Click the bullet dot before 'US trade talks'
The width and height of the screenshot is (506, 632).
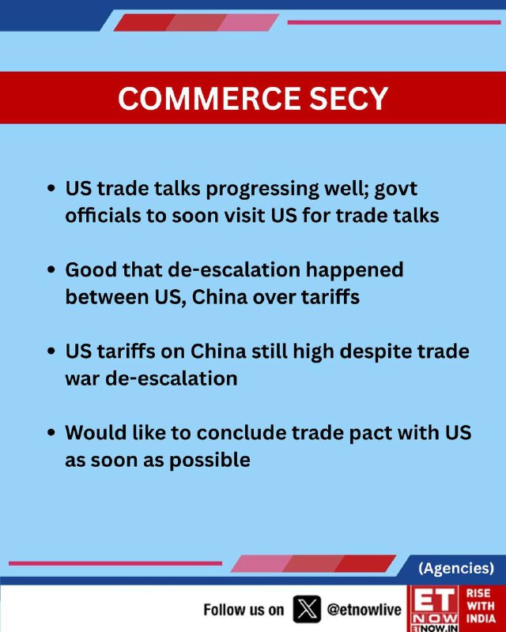pyautogui.click(x=51, y=189)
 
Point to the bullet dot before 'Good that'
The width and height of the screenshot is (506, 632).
pyautogui.click(x=51, y=269)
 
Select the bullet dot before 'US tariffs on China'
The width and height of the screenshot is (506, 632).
pyautogui.click(x=51, y=351)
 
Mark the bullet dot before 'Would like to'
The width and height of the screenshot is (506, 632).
pyautogui.click(x=51, y=432)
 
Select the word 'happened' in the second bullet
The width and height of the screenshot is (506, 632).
pyautogui.click(x=354, y=271)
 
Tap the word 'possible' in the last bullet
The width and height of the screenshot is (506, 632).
pyautogui.click(x=210, y=461)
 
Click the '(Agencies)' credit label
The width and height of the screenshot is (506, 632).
pyautogui.click(x=456, y=568)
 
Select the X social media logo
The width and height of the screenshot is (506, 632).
pyautogui.click(x=307, y=609)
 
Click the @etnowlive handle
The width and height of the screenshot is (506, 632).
pyautogui.click(x=364, y=610)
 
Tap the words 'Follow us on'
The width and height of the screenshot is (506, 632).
pyautogui.click(x=244, y=610)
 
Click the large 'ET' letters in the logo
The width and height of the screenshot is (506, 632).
pyautogui.click(x=434, y=600)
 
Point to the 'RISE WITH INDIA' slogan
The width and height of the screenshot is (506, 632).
pyautogui.click(x=481, y=606)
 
